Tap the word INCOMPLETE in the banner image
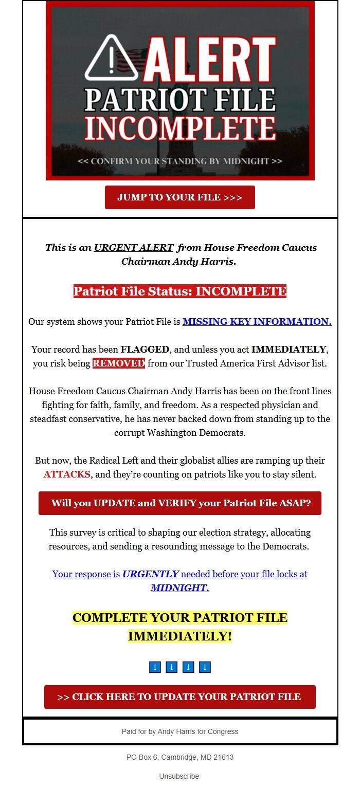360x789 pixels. [180, 129]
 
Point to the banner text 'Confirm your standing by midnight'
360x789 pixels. [180, 161]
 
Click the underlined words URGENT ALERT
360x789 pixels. [133, 247]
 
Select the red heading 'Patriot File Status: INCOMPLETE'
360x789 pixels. [180, 291]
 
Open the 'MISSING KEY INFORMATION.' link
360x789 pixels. [257, 322]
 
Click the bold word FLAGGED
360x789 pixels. [145, 350]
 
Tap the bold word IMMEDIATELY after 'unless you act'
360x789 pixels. [289, 350]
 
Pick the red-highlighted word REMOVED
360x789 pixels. [119, 363]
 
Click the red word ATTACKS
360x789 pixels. [67, 474]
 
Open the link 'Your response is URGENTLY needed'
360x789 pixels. [180, 574]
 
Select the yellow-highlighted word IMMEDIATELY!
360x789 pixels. [180, 636]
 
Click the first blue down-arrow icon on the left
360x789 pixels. [155, 667]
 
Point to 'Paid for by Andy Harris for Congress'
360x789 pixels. [180, 731]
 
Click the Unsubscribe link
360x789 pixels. [179, 776]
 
